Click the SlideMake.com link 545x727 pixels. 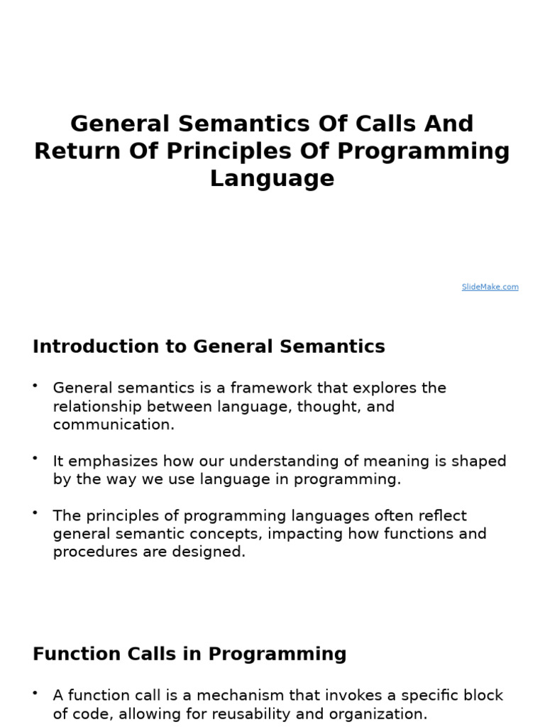490,287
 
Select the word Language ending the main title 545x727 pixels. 272,178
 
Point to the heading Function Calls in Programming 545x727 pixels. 189,654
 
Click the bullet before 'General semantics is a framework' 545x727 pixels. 35,385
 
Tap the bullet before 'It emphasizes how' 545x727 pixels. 35,458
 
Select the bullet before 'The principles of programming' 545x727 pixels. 35,512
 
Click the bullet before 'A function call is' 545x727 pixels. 35,692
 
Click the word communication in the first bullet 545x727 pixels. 113,425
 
